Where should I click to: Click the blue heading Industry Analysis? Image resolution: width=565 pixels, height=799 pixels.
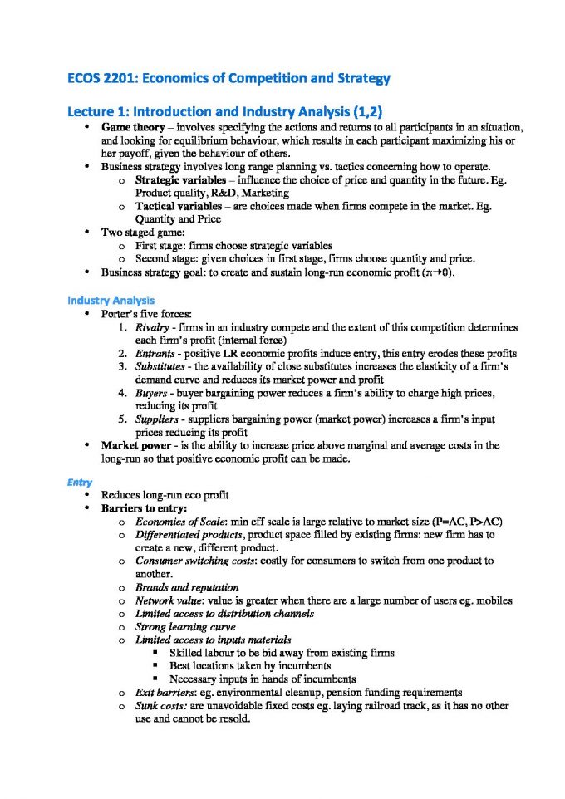click(111, 300)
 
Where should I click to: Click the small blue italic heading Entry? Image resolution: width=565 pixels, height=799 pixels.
click(80, 481)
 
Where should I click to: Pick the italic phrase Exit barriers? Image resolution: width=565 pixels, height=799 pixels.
click(165, 692)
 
